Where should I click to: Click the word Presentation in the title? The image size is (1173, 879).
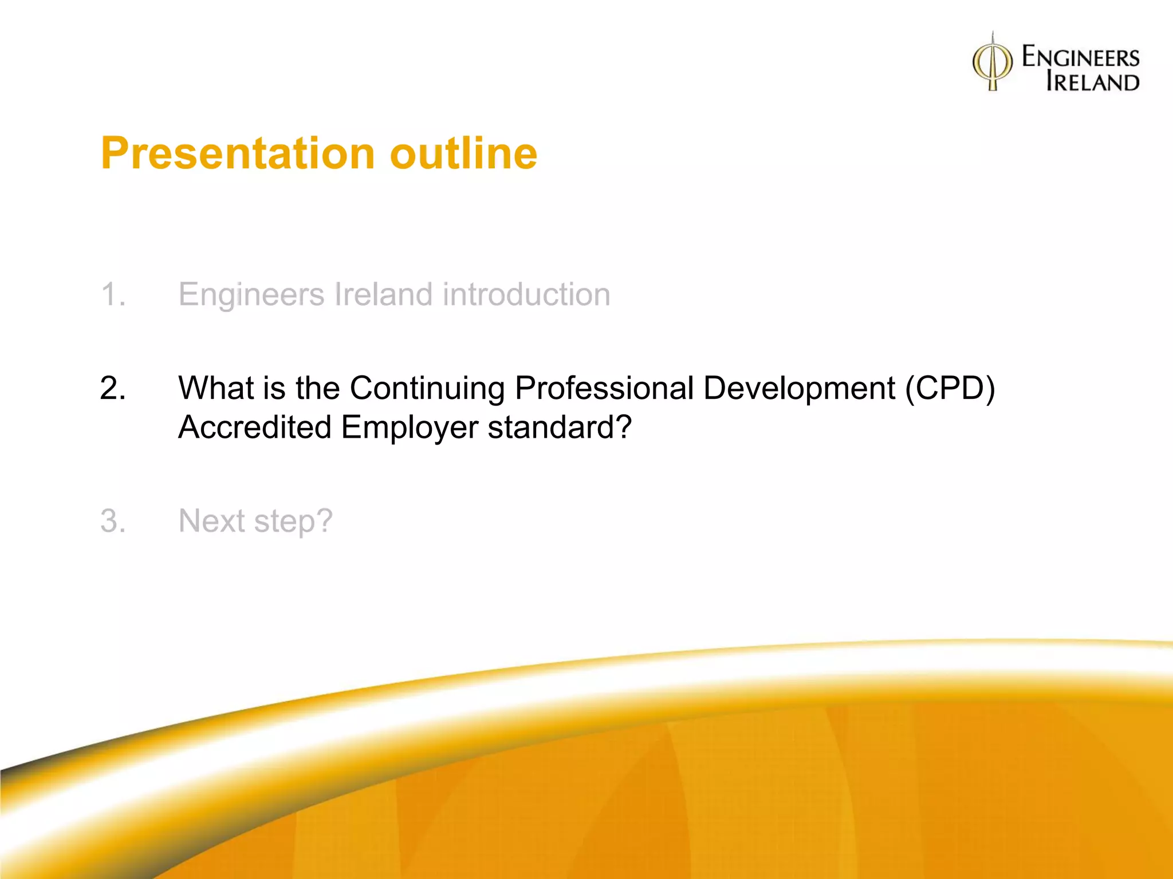(x=238, y=153)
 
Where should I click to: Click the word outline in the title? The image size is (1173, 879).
(x=463, y=153)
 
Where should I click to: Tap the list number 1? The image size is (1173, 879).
(x=113, y=295)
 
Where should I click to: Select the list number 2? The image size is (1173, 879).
(x=113, y=389)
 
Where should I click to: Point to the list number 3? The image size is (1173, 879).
(x=113, y=521)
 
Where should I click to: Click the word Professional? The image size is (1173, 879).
(x=604, y=389)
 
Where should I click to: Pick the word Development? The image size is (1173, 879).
(x=798, y=389)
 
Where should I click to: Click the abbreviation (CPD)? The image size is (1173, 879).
(x=950, y=389)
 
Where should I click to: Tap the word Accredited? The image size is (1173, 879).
(x=255, y=427)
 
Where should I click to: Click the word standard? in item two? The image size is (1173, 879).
(x=560, y=427)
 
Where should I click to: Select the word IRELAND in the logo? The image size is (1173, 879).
(x=1092, y=82)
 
